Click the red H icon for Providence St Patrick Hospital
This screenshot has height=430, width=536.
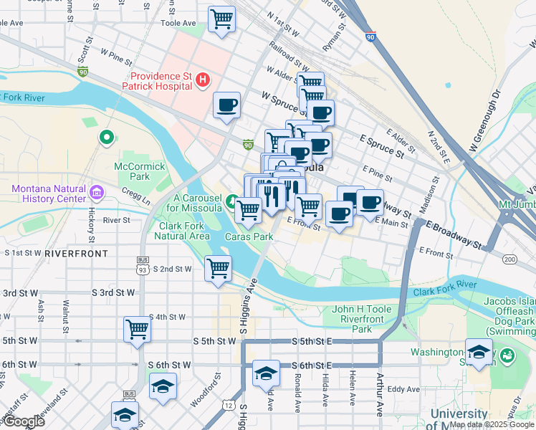coord(203,80)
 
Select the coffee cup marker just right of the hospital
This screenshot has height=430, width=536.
coord(227,106)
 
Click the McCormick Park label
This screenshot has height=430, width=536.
coord(140,172)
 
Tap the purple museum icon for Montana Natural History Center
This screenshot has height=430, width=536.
coord(97,192)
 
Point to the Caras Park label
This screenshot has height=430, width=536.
coord(249,236)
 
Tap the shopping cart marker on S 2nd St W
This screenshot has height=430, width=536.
coord(218,269)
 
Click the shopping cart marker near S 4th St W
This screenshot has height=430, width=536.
coord(137,330)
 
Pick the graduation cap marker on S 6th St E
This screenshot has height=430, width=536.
coord(266,373)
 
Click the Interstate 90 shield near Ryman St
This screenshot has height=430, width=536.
coord(370,35)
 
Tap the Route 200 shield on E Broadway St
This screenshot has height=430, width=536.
coord(509,259)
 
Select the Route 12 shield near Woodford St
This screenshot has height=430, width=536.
coord(228,406)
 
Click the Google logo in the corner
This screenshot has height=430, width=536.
coord(24,421)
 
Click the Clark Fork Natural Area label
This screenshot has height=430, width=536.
coord(183,230)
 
